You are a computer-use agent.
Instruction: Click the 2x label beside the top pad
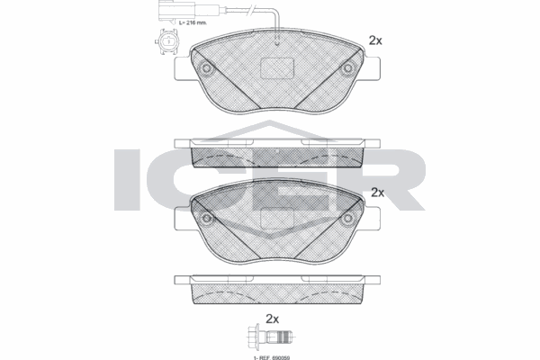pyautogui.click(x=376, y=40)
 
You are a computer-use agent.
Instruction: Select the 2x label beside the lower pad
pyautogui.click(x=377, y=193)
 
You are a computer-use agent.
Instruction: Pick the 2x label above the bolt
pyautogui.click(x=273, y=319)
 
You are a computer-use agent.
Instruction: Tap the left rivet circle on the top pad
pyautogui.click(x=206, y=70)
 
